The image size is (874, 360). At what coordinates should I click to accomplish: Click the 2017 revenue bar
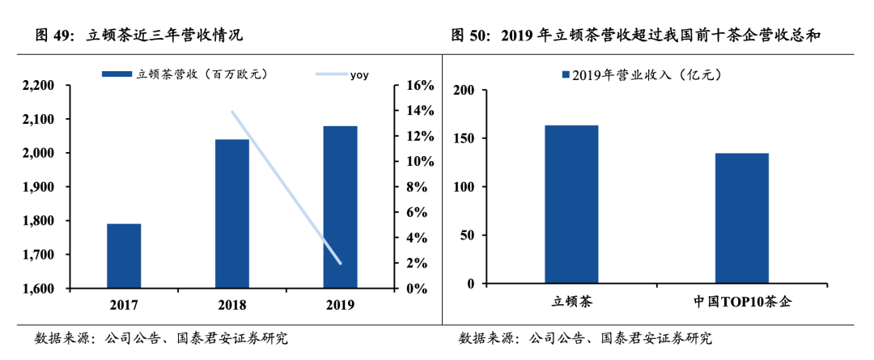tap(124, 256)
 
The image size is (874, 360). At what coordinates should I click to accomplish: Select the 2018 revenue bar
tap(232, 214)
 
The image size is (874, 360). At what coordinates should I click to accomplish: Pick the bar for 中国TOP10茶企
tap(741, 218)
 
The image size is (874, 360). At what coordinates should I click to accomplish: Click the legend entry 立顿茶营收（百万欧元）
tap(185, 74)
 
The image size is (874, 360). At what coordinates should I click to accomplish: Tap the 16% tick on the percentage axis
tap(418, 86)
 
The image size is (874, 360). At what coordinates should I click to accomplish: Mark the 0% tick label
tap(415, 289)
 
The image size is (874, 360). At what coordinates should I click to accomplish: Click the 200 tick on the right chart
tap(463, 90)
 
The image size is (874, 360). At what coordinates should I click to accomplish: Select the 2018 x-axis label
tap(232, 305)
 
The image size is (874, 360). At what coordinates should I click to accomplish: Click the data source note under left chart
tap(161, 338)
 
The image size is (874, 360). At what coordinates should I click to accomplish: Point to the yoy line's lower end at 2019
tap(340, 263)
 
